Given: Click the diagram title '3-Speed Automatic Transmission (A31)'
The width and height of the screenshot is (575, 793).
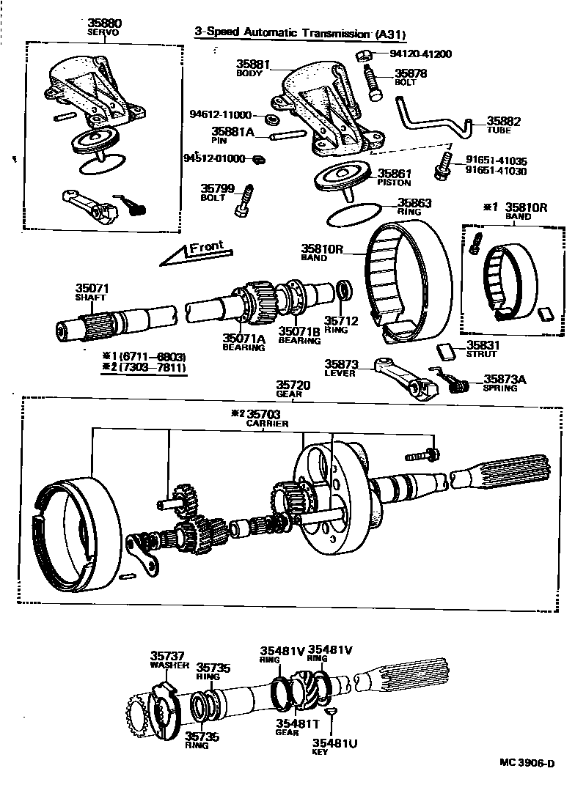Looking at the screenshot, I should coord(300,33).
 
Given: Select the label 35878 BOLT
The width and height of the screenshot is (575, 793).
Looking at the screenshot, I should coord(411,77).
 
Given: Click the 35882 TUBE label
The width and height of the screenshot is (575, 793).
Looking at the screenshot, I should coord(503,125).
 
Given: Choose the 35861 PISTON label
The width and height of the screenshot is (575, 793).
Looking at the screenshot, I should coord(395,178).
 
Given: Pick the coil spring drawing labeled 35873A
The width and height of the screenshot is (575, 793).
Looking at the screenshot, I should coord(458,384).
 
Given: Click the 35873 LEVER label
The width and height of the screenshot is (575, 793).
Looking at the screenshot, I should coord(339,368).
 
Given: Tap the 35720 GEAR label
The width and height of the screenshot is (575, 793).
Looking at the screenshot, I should coord(293,388).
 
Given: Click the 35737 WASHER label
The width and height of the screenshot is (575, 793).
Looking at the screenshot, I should coord(168,660).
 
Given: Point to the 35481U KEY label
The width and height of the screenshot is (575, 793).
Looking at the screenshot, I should coord(337,747).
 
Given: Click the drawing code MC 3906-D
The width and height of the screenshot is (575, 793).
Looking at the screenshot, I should coord(527,763).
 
